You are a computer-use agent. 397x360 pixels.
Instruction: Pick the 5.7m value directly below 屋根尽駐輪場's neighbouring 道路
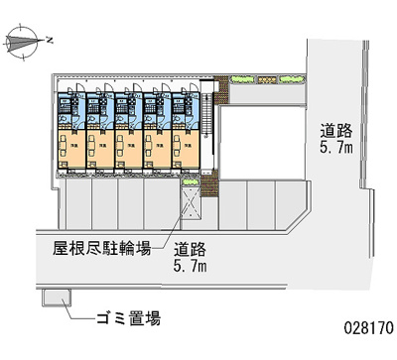click(191, 267)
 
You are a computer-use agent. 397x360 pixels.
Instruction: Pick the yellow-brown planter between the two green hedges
click(266, 77)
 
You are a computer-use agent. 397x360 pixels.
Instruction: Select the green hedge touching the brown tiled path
click(243, 77)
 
